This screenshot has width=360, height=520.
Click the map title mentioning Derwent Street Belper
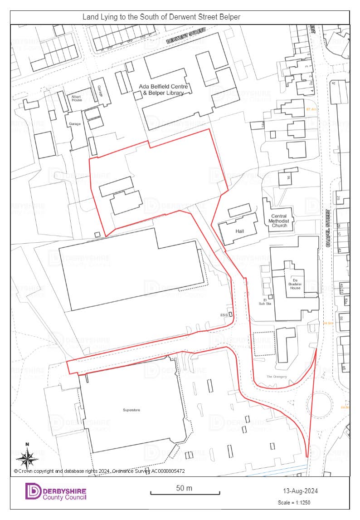pos(161,17)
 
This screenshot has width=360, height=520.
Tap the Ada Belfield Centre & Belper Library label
pos(163,90)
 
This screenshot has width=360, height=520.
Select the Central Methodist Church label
pos(280,221)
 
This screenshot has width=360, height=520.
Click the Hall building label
pos(239,231)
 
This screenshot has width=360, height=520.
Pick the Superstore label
pos(131,410)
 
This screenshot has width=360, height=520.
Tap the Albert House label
pos(76,98)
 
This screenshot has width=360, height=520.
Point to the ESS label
pos(223,314)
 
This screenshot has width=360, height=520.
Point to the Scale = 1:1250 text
pos(294,503)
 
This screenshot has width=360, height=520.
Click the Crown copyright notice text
pos(99,471)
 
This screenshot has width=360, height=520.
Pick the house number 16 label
pos(287,177)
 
